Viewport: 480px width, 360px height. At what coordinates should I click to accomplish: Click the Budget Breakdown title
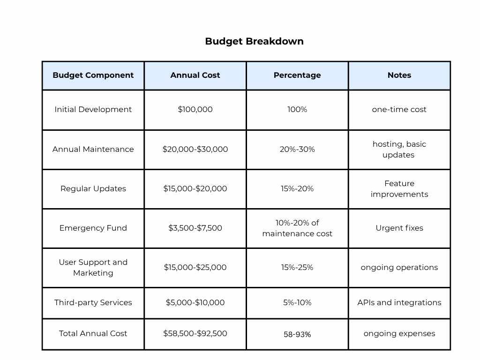click(254, 41)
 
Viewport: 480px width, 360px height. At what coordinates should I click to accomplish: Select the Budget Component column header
click(93, 75)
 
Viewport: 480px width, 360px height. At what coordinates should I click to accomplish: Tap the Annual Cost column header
click(195, 75)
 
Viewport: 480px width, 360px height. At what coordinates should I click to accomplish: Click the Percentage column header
click(297, 75)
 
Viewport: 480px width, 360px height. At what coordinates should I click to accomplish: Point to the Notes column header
click(399, 75)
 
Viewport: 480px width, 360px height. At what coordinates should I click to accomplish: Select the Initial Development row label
click(93, 109)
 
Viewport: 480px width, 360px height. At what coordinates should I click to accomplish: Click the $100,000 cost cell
click(195, 109)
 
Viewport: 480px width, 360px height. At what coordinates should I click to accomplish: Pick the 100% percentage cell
click(297, 109)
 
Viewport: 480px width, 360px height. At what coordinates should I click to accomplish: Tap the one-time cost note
click(399, 109)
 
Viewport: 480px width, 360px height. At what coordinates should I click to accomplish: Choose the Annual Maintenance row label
click(93, 149)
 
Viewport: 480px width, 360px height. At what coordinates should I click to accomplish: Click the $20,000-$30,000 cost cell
click(195, 149)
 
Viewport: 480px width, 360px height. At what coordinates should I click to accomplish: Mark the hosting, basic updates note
click(399, 149)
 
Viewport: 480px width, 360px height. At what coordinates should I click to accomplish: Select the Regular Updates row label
click(93, 188)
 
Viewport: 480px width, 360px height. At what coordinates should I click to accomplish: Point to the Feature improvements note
click(399, 188)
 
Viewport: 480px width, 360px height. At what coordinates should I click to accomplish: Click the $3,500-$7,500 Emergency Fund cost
click(195, 228)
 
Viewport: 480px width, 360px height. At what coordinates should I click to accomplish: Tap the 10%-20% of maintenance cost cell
click(297, 228)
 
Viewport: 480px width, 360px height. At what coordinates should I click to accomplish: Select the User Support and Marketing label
click(93, 267)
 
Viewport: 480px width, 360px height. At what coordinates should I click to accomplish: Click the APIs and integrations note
click(399, 302)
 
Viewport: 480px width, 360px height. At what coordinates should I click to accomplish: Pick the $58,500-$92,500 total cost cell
click(195, 333)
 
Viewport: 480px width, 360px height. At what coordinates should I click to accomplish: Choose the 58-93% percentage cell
click(297, 334)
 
